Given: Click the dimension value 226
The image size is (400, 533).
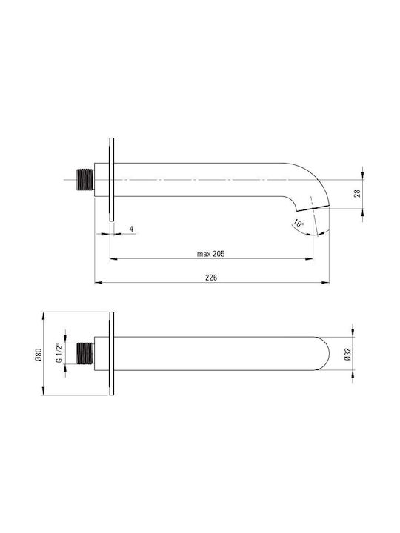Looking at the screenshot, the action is pyautogui.click(x=211, y=278).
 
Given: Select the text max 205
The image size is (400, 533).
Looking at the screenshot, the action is pyautogui.click(x=211, y=254).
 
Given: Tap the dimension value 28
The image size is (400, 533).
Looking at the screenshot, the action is pyautogui.click(x=357, y=193).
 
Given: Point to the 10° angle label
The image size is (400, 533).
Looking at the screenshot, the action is pyautogui.click(x=299, y=224).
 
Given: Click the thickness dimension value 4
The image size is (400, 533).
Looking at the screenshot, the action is pyautogui.click(x=131, y=229).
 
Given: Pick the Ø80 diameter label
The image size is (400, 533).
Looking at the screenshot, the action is pyautogui.click(x=38, y=355).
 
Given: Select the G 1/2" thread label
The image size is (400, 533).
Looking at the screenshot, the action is pyautogui.click(x=59, y=353).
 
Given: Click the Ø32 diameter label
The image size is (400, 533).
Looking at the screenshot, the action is pyautogui.click(x=347, y=354).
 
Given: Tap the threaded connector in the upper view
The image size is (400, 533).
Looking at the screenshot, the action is pyautogui.click(x=85, y=179).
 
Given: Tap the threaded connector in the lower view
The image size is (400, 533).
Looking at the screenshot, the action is pyautogui.click(x=85, y=354).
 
